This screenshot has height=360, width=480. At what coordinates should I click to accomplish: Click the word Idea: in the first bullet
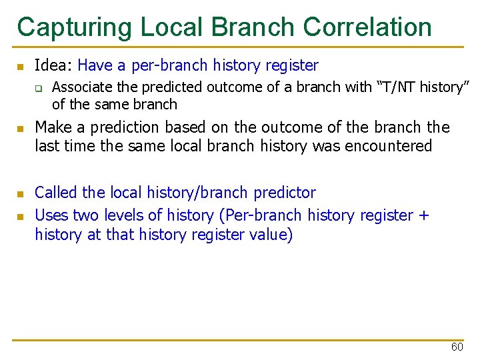53,65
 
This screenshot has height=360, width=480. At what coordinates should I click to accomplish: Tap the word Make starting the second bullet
52,127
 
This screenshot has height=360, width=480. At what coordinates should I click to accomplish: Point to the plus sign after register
424,215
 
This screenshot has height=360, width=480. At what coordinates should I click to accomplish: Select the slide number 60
457,347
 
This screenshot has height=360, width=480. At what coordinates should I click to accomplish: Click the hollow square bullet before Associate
39,88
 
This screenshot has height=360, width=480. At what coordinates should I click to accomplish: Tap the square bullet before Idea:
21,67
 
